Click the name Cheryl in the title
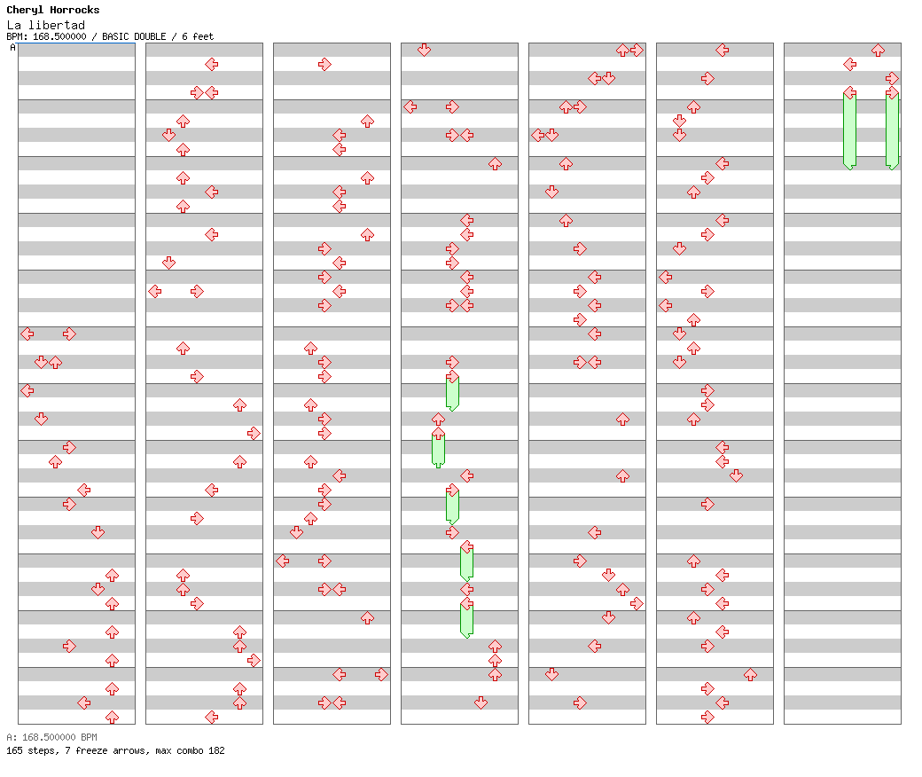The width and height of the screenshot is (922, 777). (24, 10)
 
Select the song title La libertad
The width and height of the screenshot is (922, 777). (46, 25)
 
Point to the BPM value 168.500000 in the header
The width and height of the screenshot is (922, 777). (59, 36)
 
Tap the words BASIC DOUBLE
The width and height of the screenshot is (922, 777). (134, 36)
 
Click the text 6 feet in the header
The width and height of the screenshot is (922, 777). (198, 36)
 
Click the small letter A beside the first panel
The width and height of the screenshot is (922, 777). (13, 47)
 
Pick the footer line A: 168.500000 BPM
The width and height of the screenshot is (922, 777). (51, 737)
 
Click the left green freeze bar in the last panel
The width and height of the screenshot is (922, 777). (849, 130)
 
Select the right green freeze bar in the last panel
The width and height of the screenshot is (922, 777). (892, 130)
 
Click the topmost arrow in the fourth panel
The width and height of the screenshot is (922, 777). (424, 50)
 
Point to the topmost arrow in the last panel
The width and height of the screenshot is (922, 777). (878, 50)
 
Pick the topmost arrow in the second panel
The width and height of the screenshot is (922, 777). (212, 64)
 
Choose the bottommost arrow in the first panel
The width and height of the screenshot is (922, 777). (113, 717)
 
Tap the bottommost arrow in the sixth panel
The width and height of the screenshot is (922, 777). (707, 717)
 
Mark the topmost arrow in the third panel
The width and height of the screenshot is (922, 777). (324, 64)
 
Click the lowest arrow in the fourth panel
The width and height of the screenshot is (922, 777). (481, 702)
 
